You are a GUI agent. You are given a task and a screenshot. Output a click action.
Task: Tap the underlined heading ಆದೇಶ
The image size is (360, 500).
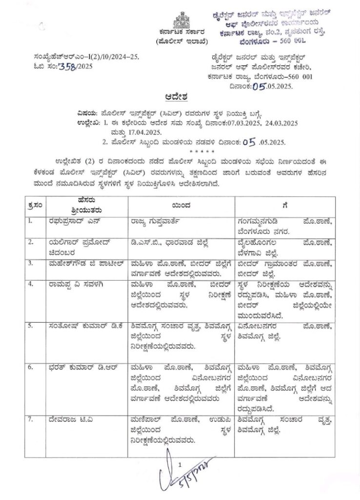click(180, 96)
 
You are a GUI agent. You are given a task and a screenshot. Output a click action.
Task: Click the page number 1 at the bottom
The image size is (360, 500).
click(180, 464)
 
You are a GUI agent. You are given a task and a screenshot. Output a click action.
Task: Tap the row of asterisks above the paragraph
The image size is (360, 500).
click(180, 151)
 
